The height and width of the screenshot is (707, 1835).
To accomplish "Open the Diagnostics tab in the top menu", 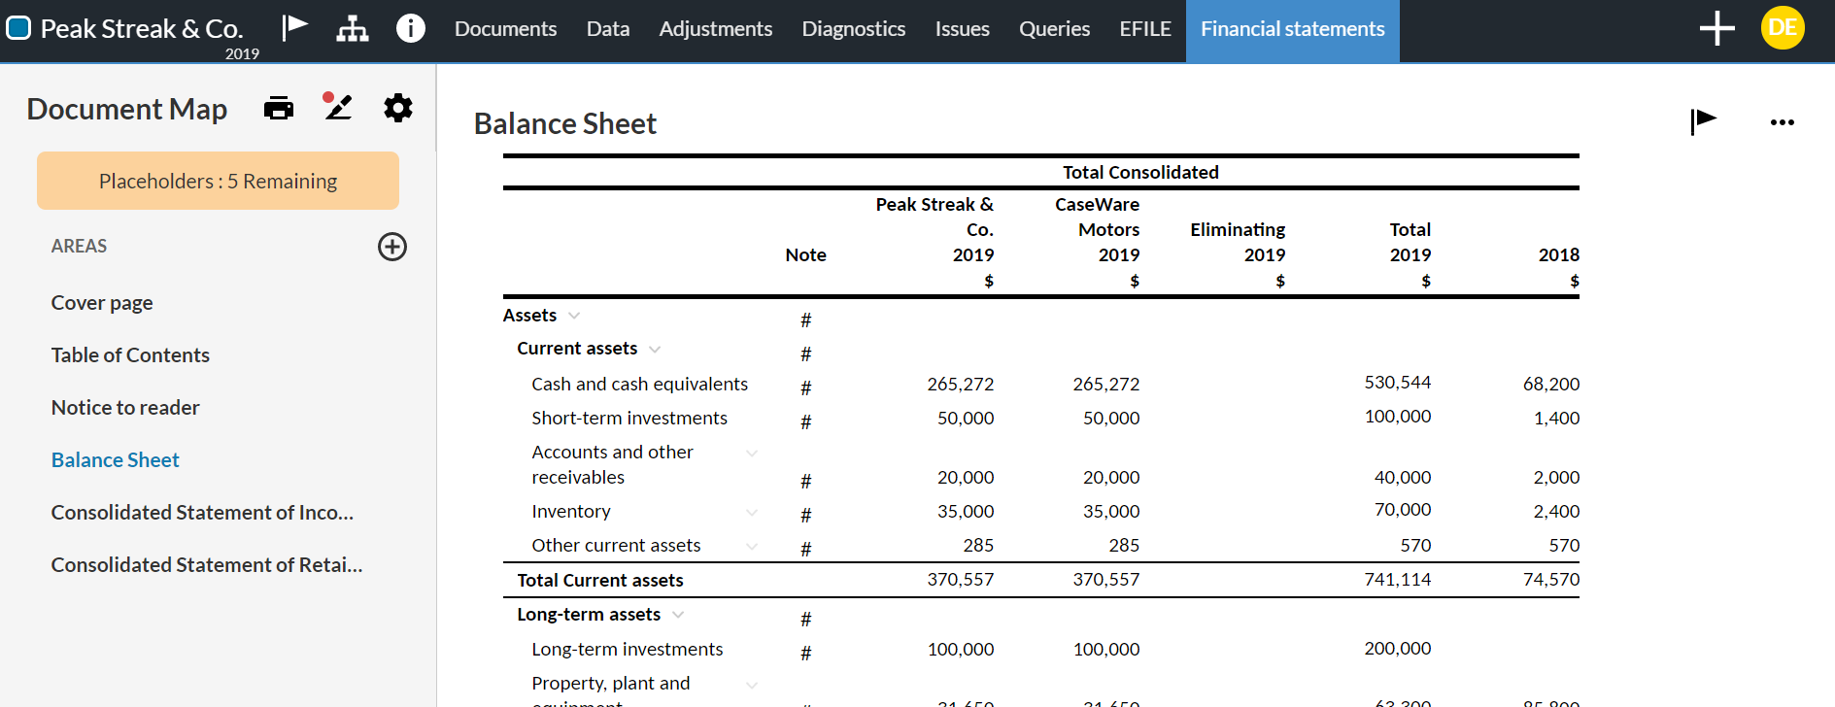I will click(x=853, y=29).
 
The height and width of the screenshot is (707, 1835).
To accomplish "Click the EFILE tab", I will click(x=1144, y=29).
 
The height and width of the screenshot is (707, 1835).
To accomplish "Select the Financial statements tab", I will click(x=1292, y=29).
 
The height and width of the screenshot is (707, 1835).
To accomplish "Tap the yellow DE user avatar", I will click(x=1782, y=27).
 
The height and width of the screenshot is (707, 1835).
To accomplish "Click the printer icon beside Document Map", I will click(x=279, y=108).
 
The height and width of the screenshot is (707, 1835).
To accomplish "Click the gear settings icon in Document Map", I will click(x=398, y=108).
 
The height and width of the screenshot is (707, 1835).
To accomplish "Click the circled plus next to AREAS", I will click(x=392, y=247).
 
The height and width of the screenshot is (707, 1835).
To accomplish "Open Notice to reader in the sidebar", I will click(x=125, y=408).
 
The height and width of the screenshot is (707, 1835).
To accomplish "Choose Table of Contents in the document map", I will click(x=130, y=355).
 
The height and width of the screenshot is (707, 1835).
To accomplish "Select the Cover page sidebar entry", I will click(x=102, y=303).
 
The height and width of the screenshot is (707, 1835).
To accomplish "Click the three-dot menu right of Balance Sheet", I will click(x=1782, y=122).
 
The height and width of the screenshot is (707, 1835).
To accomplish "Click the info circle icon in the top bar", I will click(x=411, y=28).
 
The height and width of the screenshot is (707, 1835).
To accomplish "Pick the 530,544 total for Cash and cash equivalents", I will click(x=1397, y=383).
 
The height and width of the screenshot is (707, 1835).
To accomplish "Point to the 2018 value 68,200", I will click(x=1550, y=385).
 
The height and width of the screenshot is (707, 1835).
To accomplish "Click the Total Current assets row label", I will click(x=599, y=581).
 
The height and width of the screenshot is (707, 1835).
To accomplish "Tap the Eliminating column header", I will click(x=1238, y=230).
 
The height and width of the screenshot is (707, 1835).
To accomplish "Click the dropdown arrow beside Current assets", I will click(x=655, y=350).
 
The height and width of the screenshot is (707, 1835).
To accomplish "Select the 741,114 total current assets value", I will click(x=1397, y=580).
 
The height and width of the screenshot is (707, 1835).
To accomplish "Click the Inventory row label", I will click(x=571, y=512).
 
